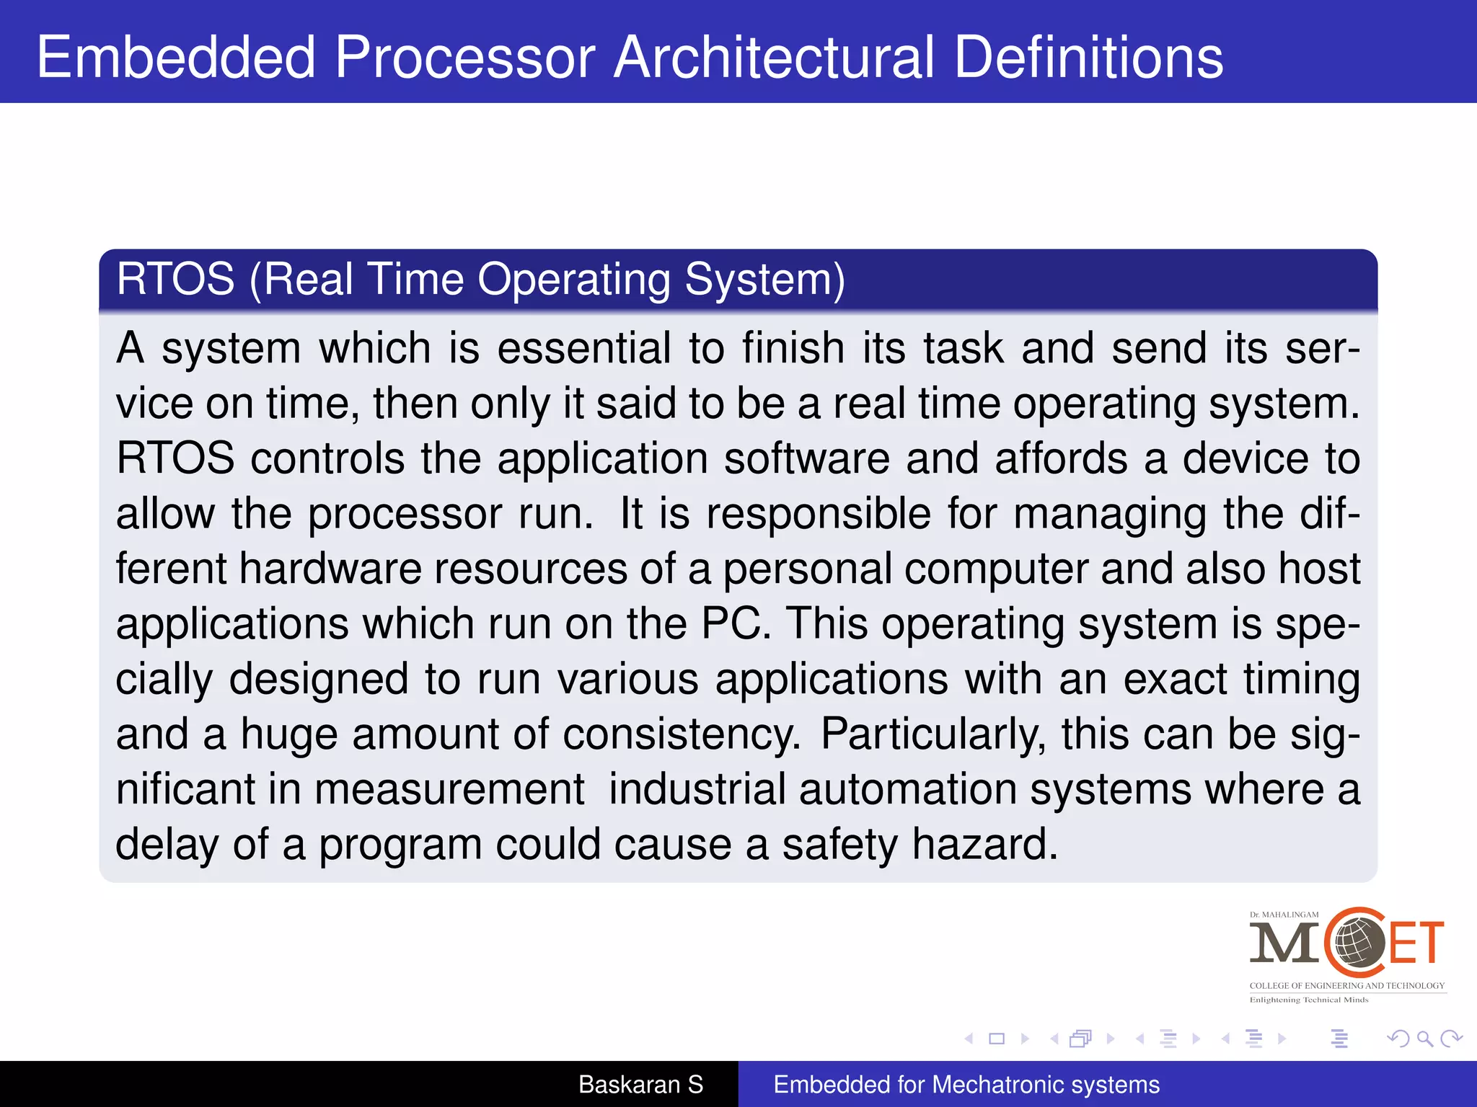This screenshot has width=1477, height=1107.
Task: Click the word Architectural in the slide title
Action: point(774,58)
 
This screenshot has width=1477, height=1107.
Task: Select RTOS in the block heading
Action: point(175,279)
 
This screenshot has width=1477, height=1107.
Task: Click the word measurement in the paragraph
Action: point(449,789)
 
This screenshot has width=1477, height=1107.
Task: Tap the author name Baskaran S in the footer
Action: point(640,1085)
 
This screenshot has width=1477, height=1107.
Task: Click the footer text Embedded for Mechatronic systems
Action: point(966,1085)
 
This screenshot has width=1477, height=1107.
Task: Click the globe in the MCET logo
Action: point(1358,943)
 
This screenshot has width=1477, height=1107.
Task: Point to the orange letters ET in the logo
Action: point(1416,943)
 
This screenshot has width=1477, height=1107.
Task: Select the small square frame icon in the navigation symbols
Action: point(997,1039)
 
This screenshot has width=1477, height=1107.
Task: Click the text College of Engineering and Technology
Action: point(1346,985)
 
